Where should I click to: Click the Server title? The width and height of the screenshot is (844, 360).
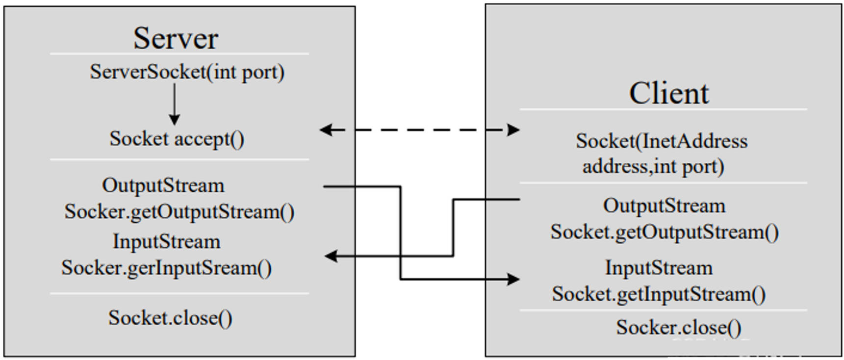(x=176, y=38)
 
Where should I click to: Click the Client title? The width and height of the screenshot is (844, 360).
(x=669, y=93)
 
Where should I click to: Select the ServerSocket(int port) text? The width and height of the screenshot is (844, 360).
(x=187, y=72)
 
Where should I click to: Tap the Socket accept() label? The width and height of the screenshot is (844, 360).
(x=177, y=139)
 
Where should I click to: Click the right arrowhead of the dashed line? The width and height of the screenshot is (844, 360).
(x=513, y=130)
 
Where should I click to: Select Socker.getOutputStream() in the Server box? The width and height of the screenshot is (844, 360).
(x=179, y=212)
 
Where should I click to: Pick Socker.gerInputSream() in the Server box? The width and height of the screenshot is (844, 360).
(x=166, y=268)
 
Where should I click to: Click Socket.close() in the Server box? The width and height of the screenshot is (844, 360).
(x=170, y=318)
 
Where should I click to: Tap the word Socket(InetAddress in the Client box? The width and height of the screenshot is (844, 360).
(x=662, y=141)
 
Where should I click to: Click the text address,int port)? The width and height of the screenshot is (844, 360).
(x=653, y=167)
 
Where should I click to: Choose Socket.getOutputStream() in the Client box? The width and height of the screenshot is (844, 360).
(x=664, y=232)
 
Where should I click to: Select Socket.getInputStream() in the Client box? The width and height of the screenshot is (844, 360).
(x=659, y=294)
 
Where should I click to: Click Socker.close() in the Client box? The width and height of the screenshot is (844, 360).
(x=679, y=327)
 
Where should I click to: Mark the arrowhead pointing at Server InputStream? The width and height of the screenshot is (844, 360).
(x=331, y=256)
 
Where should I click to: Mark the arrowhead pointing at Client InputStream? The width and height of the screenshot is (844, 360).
(x=513, y=280)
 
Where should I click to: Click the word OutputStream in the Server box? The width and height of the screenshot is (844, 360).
(x=163, y=185)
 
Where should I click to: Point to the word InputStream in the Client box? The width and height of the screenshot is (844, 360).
(x=659, y=268)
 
